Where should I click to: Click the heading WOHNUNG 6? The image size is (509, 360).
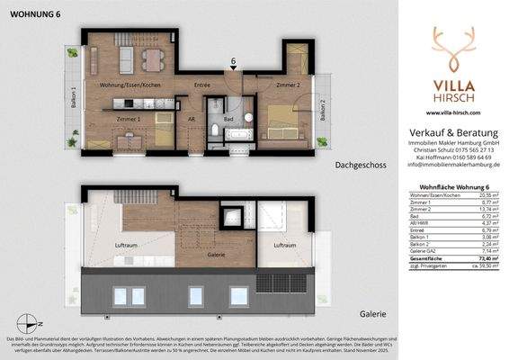click(x=29, y=12)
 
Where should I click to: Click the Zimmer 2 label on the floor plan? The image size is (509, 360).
click(x=287, y=85)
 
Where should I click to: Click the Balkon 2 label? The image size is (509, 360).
click(x=323, y=111)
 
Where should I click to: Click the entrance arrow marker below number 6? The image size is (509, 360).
click(x=233, y=73)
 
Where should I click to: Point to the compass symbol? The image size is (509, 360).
click(x=31, y=326)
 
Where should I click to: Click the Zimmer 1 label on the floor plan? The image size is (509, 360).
click(x=129, y=118)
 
